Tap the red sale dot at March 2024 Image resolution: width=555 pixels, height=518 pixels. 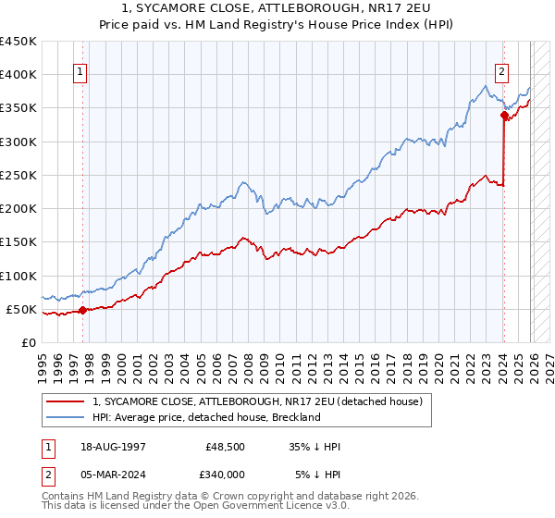[x=504, y=116]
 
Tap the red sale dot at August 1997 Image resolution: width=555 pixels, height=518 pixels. [x=82, y=310]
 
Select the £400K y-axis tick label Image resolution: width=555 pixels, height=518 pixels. [x=18, y=74]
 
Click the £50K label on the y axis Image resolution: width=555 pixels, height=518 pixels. [x=22, y=309]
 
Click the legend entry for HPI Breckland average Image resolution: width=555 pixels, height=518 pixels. [x=205, y=417]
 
